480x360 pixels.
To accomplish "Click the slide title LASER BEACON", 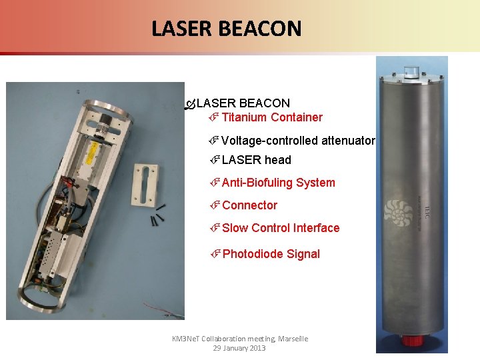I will coord(226,29).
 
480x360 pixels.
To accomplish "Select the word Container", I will coord(298,117).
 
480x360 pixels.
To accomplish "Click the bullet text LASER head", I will coord(256,160).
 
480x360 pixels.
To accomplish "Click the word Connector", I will coord(249,205).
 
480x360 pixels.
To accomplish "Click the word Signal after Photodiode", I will coord(303,254).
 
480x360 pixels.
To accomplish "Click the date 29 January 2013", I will coord(239,348).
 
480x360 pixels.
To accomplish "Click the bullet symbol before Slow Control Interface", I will coord(213,228).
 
